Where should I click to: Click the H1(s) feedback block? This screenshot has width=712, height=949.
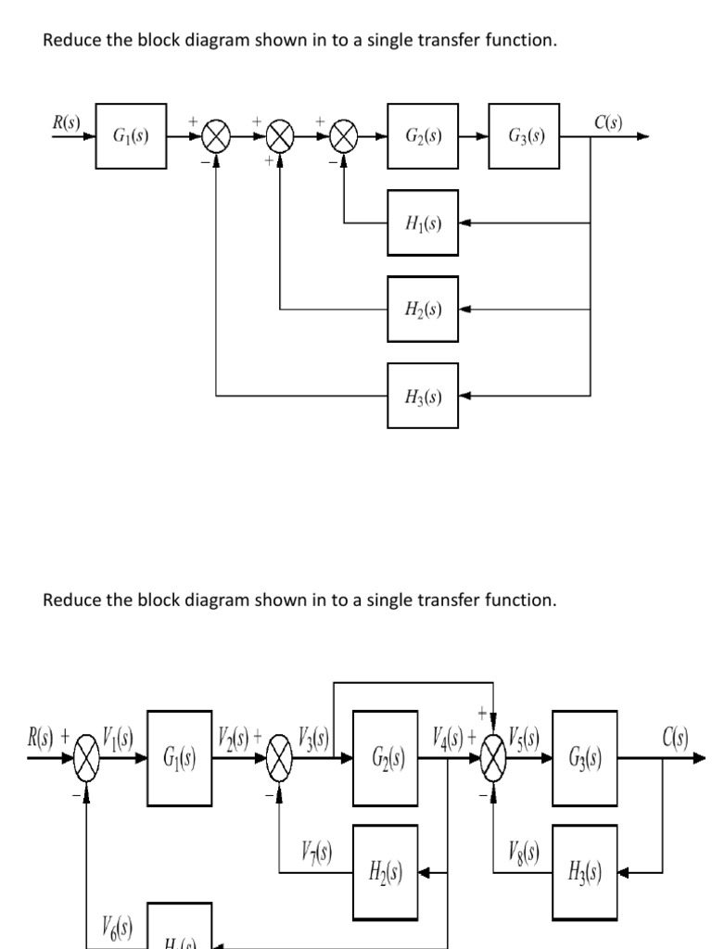tap(423, 223)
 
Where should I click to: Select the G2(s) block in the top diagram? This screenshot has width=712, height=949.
tap(423, 136)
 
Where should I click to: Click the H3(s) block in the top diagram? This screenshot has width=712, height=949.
tap(423, 397)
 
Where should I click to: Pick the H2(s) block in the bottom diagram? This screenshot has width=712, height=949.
tap(385, 871)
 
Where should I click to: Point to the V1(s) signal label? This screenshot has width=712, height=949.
tap(119, 740)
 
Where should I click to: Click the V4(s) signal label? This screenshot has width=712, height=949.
tap(450, 740)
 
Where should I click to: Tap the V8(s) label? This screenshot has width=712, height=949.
tap(525, 851)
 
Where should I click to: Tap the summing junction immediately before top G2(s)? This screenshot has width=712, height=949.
tap(344, 137)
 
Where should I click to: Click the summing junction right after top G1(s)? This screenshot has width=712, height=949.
tap(216, 137)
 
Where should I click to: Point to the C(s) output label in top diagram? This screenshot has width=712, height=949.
tap(608, 121)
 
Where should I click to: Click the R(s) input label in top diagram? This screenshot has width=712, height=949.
tap(66, 121)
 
